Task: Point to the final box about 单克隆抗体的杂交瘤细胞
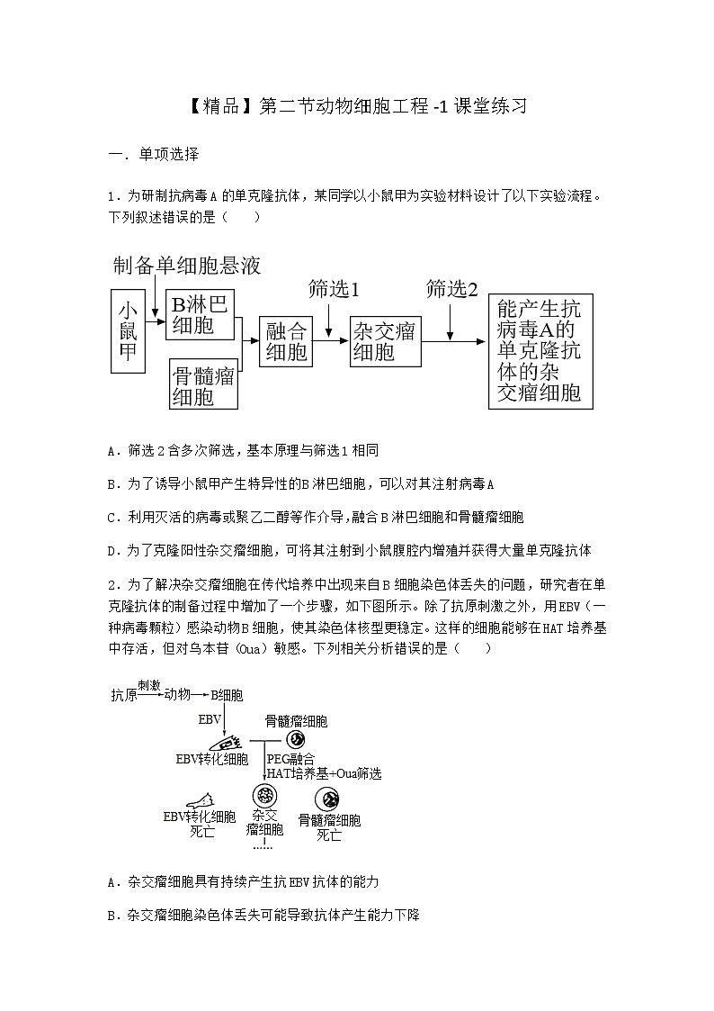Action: [x=540, y=350]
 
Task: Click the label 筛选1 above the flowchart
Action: [x=333, y=289]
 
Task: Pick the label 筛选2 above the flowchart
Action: [x=451, y=289]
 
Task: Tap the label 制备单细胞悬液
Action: [x=187, y=266]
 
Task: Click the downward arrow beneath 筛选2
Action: [x=449, y=320]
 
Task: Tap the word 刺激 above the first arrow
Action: [x=149, y=685]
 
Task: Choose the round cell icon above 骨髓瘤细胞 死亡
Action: [x=329, y=799]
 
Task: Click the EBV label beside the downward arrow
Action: [x=210, y=720]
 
